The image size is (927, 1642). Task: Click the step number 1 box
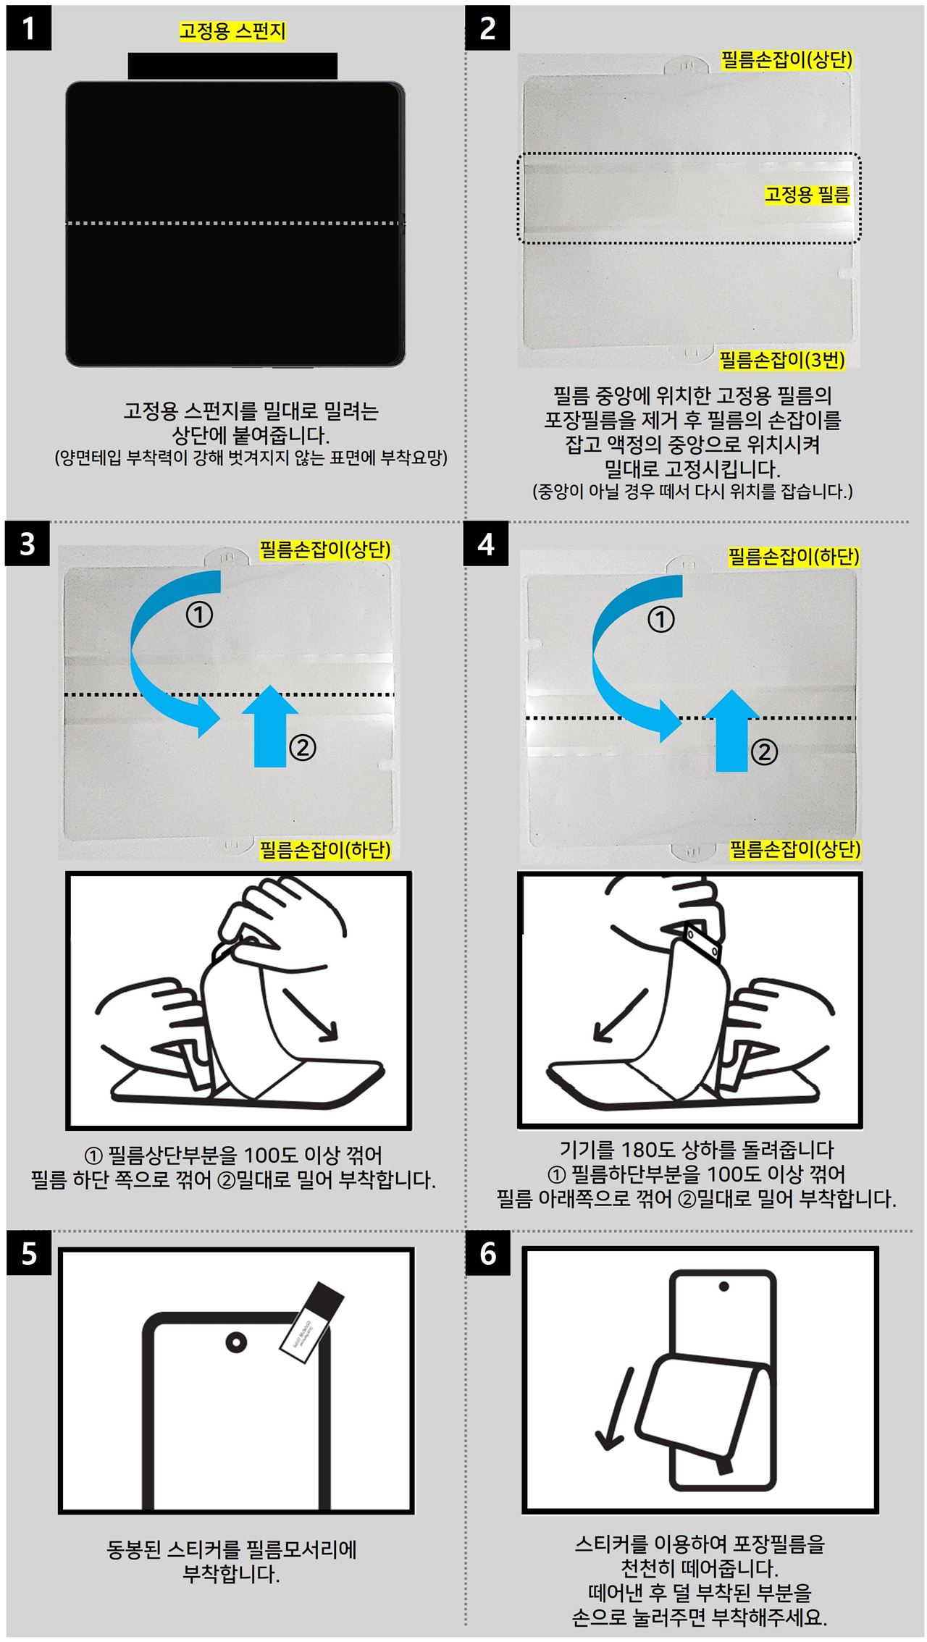(29, 28)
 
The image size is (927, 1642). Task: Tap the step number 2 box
(487, 28)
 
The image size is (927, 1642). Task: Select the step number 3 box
(28, 543)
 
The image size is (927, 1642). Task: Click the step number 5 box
(29, 1252)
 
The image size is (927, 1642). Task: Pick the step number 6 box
(487, 1252)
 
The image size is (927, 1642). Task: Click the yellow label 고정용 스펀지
(232, 31)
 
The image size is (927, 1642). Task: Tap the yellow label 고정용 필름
(808, 194)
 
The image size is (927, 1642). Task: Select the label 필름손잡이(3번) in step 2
(781, 359)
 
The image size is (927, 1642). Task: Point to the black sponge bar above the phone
(232, 66)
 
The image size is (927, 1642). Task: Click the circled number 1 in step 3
(199, 615)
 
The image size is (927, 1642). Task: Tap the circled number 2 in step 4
(763, 752)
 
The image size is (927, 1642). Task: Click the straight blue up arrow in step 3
(269, 725)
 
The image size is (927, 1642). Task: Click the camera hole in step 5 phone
(236, 1341)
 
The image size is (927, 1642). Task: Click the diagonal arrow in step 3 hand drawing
(311, 1014)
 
